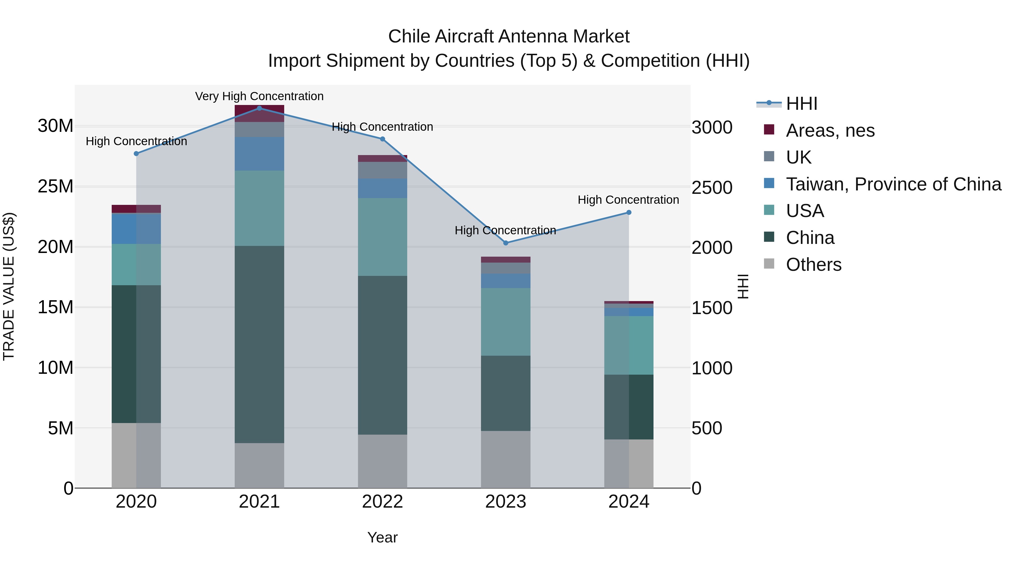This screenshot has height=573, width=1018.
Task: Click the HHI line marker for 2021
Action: click(x=259, y=108)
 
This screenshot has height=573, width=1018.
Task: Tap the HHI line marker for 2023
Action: click(x=505, y=243)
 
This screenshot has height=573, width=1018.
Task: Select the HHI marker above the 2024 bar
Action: click(x=629, y=212)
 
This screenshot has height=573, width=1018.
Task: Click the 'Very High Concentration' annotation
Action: click(x=259, y=96)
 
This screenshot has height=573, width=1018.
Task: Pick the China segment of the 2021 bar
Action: click(x=259, y=344)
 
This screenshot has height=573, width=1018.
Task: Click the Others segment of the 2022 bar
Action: click(x=382, y=461)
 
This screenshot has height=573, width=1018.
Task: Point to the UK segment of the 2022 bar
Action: click(x=382, y=170)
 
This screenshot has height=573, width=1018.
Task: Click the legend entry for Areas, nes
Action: click(x=830, y=130)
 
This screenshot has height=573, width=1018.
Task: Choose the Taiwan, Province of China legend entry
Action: click(x=893, y=184)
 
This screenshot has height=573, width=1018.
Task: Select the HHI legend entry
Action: click(x=801, y=104)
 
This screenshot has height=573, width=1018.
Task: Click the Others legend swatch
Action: click(x=769, y=263)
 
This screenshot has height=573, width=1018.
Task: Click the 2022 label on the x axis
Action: click(x=382, y=502)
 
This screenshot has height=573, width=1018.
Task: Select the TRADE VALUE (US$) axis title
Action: click(x=9, y=286)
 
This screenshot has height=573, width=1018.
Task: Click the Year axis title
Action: click(x=382, y=537)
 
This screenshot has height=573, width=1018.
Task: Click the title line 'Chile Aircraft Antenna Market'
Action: click(x=509, y=37)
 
